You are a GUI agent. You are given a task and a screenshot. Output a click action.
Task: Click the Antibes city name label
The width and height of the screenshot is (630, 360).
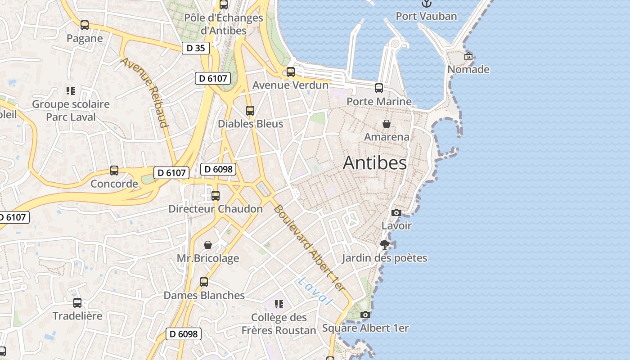tap(374, 163)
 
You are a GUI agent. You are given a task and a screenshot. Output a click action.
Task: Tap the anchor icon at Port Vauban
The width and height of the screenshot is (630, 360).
tap(426, 4)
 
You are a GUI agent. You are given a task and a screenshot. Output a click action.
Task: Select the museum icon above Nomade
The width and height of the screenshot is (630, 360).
tap(468, 57)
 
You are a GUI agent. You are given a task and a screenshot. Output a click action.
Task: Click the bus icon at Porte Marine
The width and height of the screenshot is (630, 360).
tap(379, 88)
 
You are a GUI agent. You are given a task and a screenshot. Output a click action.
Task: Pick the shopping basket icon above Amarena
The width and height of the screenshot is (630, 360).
tap(386, 124)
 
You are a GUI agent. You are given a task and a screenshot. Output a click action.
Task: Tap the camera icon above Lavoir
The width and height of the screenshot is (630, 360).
tap(396, 212)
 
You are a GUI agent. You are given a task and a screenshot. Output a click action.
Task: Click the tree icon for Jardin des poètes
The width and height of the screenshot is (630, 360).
tap(384, 245)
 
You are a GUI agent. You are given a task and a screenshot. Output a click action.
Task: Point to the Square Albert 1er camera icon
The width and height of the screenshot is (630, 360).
tap(365, 315)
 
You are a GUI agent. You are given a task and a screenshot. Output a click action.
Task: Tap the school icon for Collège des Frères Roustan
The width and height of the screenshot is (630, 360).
tap(279, 304)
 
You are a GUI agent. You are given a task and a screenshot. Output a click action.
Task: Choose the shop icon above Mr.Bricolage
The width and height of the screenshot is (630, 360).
tap(208, 245)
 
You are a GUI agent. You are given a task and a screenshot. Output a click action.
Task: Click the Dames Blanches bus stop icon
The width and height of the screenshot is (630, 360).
tap(204, 282)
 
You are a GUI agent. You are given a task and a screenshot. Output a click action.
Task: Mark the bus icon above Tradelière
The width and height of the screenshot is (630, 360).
tap(77, 303)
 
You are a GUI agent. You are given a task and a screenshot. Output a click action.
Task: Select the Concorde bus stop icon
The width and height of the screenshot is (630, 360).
tap(114, 171)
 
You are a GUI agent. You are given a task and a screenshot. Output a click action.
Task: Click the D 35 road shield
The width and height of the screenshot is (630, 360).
tap(196, 48)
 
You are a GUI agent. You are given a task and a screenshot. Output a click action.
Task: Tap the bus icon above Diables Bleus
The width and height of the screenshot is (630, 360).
tap(250, 110)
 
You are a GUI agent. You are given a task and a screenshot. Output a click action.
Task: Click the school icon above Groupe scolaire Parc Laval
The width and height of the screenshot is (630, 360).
tap(70, 91)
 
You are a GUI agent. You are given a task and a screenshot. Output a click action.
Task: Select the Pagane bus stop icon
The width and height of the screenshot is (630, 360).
tap(85, 25)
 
